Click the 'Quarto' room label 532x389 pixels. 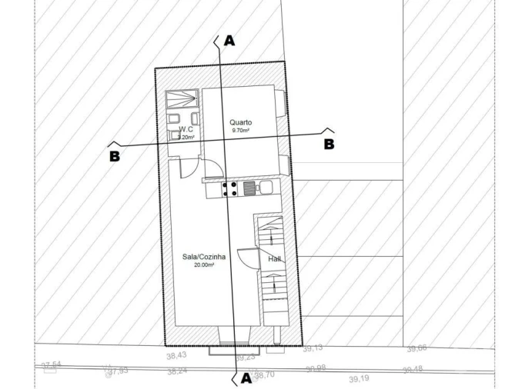tap(241, 122)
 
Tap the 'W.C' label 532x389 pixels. tap(185, 131)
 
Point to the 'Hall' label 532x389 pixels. tap(274, 259)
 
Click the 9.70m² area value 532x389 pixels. tap(241, 131)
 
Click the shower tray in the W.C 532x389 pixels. tap(182, 101)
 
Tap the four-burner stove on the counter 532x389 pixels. tap(229, 188)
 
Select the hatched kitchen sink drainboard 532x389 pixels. tap(249, 188)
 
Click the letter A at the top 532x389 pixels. tap(228, 41)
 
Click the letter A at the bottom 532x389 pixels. tap(246, 377)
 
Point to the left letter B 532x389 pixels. tap(115, 155)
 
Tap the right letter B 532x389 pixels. tap(329, 144)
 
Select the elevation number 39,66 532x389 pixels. tap(417, 349)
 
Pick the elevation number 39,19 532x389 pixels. tap(359, 379)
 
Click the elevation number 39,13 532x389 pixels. tap(313, 348)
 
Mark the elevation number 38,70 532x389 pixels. tap(264, 375)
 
